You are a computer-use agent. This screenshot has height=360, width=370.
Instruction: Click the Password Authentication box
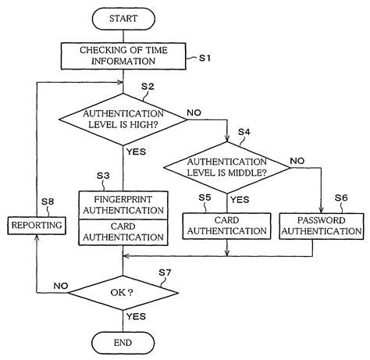pos(322,226)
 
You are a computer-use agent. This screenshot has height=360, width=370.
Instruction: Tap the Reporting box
pos(37,226)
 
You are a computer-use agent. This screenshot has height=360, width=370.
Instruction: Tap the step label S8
pos(47,201)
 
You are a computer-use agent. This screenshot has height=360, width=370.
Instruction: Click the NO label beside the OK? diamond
pos(61,287)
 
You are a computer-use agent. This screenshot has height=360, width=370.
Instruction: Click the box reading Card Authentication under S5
pos(226,226)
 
